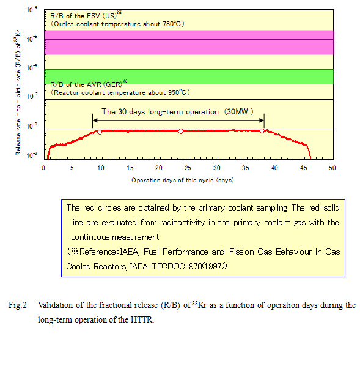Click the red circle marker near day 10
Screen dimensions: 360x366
coord(100,132)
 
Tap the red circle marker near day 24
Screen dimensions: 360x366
coord(181,132)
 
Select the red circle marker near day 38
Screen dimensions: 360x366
coord(262,131)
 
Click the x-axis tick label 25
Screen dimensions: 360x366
coord(188,168)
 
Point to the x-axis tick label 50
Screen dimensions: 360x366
coord(332,168)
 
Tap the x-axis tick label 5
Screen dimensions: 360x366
coord(72,168)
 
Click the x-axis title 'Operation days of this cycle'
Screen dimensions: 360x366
coord(172,181)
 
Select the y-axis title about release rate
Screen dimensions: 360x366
coord(18,93)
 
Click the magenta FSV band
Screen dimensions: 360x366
coord(189,42)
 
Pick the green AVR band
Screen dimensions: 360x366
coord(189,77)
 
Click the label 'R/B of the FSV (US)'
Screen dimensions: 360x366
coord(83,16)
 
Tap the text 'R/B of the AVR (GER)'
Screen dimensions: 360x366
coord(86,84)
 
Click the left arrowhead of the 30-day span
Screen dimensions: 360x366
coord(95,121)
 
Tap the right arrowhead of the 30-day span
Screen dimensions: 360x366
coord(262,121)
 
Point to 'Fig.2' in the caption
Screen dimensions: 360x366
coord(18,305)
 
